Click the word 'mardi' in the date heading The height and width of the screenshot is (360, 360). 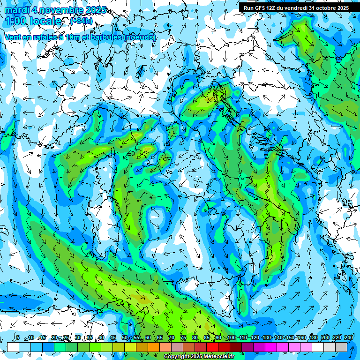[17, 10]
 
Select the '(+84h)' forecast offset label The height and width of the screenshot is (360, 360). [81, 21]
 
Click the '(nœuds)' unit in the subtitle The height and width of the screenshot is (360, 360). [139, 37]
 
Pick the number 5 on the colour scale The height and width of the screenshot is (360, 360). [18, 337]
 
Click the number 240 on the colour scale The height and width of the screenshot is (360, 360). [349, 337]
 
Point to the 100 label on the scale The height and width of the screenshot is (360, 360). [231, 337]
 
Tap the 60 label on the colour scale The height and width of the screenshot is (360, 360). [148, 337]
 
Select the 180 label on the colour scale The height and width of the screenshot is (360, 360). [313, 337]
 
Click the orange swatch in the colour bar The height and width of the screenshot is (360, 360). [154, 347]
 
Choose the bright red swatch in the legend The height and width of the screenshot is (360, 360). [212, 347]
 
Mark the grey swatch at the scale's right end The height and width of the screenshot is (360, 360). [341, 347]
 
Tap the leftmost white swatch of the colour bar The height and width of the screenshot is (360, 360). [13, 347]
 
